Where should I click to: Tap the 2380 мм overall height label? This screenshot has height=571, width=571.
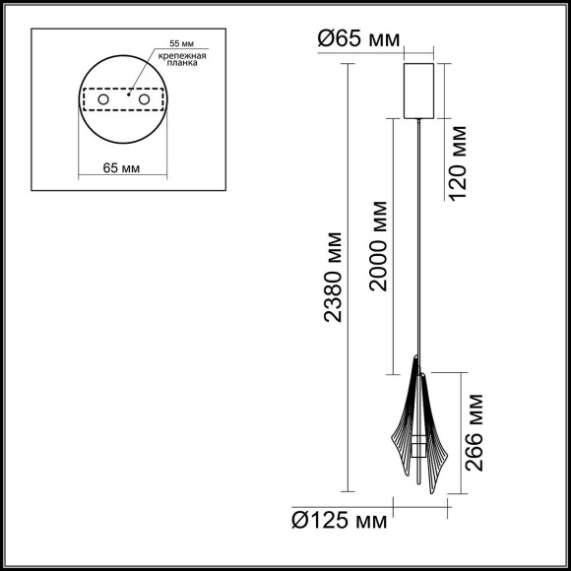pyautogui.click(x=335, y=278)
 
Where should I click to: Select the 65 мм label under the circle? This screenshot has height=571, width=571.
pyautogui.click(x=122, y=168)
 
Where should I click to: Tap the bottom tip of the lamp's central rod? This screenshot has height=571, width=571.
pyautogui.click(x=422, y=489)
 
